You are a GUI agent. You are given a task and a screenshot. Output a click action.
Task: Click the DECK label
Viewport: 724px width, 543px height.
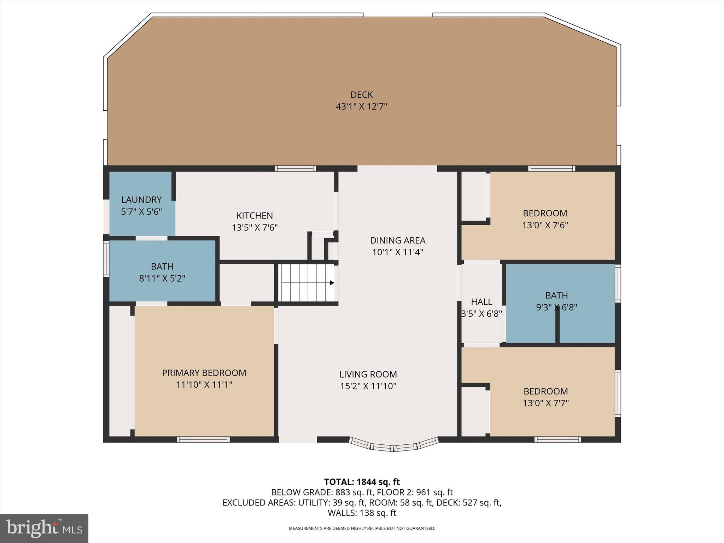point(361,95)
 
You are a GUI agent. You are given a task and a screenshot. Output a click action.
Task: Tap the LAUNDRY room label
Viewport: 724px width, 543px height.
point(141,200)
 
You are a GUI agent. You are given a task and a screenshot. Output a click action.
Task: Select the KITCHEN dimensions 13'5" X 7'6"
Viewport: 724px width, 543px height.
point(255,227)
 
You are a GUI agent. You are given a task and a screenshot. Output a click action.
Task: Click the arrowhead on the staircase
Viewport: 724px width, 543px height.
point(332,283)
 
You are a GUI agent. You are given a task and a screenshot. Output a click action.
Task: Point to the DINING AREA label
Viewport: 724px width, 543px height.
point(397,240)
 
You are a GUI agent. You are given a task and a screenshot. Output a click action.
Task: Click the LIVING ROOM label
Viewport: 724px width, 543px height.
point(368,374)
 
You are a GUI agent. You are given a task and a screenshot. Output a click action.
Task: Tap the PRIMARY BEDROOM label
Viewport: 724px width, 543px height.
point(204,373)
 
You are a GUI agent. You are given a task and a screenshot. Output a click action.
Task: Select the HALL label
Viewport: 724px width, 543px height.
point(481,302)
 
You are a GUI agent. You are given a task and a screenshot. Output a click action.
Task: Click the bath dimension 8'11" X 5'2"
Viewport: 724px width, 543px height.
point(162,279)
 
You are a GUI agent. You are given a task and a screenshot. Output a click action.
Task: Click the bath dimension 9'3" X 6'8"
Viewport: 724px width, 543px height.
point(556,307)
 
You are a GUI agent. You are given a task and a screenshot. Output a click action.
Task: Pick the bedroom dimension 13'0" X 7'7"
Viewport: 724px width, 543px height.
point(545,403)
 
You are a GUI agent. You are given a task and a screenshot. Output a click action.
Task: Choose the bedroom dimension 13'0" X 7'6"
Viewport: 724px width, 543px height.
point(545,225)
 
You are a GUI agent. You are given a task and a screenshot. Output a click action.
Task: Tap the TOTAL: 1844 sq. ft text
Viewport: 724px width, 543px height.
point(362,482)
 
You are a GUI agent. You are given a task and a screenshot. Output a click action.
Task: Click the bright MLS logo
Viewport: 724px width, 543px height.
point(44,528)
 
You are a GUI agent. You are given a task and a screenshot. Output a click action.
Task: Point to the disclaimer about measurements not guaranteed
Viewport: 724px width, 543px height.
point(362,529)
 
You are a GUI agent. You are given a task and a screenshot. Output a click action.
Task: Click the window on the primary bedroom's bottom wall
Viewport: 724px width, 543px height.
point(203,439)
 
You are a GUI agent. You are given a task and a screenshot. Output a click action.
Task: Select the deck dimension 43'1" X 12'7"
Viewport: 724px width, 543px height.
point(361,106)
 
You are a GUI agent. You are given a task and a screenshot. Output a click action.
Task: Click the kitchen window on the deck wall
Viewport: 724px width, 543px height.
point(296,169)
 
